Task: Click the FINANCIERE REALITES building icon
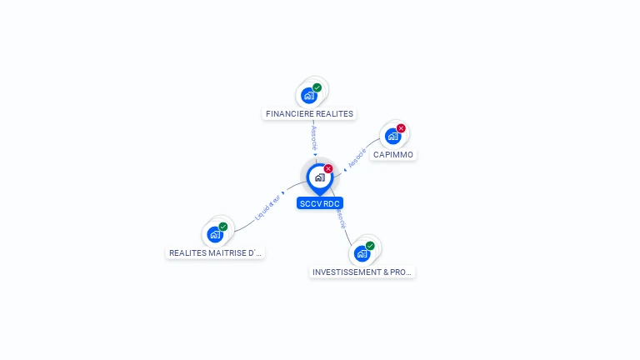(309, 95)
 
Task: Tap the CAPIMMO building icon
(392, 136)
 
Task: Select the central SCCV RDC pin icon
(319, 177)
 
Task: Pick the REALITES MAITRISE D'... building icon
(215, 234)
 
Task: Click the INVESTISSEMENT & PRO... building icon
(362, 253)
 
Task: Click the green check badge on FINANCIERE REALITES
(317, 87)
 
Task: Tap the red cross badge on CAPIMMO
(401, 128)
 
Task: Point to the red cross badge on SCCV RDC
(328, 168)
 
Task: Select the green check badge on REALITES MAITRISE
(223, 227)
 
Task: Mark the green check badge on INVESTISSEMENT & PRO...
(370, 246)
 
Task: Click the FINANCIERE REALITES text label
(309, 114)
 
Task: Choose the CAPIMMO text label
(392, 155)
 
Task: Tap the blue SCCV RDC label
(320, 203)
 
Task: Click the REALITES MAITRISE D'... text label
(215, 253)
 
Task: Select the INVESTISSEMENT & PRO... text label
(362, 272)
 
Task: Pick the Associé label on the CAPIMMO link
(357, 158)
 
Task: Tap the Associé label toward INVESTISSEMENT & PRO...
(340, 218)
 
